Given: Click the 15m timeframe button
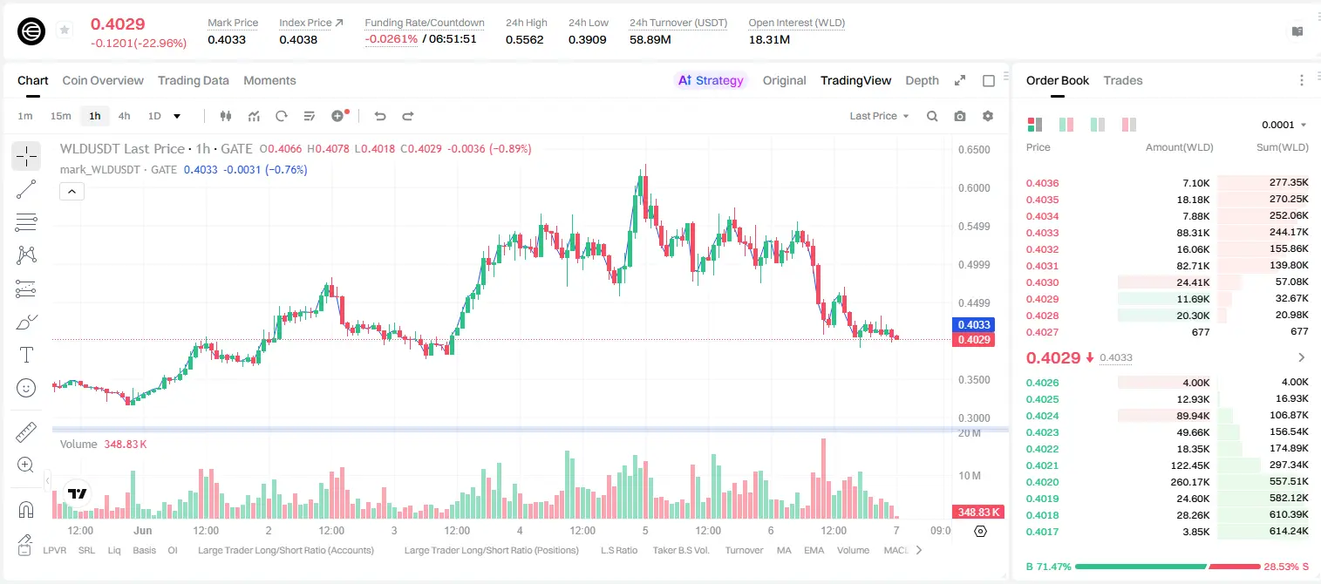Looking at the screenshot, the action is point(60,116).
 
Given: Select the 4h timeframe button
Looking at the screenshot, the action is point(124,116).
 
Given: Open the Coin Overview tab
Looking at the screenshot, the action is point(103,80).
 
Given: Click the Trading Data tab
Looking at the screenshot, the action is point(193,80).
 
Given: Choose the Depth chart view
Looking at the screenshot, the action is point(922,80).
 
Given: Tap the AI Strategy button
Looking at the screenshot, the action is point(711,80).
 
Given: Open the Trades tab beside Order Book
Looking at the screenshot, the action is point(1123,80).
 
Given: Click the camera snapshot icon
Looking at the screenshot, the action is point(960,116).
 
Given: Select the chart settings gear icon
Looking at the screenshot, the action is point(988,116).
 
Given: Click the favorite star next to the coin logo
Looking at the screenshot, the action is point(65,30).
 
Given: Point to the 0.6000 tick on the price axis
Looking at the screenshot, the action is point(974,188).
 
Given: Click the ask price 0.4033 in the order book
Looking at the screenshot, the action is point(1042,233).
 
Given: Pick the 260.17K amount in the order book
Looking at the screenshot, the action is point(1189,482).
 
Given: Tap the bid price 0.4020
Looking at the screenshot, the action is point(1042,482).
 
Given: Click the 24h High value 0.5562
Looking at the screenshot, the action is point(524,39).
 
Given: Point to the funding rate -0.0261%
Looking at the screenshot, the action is point(391,39).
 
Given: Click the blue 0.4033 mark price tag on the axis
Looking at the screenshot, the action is point(974,325).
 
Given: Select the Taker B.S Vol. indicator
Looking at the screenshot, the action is point(680,550).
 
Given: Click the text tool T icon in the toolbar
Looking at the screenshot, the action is point(26,355).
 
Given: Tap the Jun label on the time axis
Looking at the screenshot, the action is point(143,530).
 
